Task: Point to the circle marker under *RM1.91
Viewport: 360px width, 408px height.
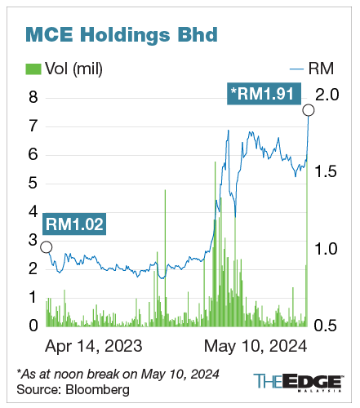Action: pyautogui.click(x=308, y=110)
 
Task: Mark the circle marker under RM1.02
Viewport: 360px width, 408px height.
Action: pyautogui.click(x=46, y=246)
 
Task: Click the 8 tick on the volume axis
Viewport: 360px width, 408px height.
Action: pyautogui.click(x=33, y=98)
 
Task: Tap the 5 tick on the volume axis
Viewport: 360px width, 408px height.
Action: pyautogui.click(x=33, y=184)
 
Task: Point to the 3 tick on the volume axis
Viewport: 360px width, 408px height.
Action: pyautogui.click(x=33, y=240)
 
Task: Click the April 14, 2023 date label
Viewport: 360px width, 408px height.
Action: pyautogui.click(x=95, y=345)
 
